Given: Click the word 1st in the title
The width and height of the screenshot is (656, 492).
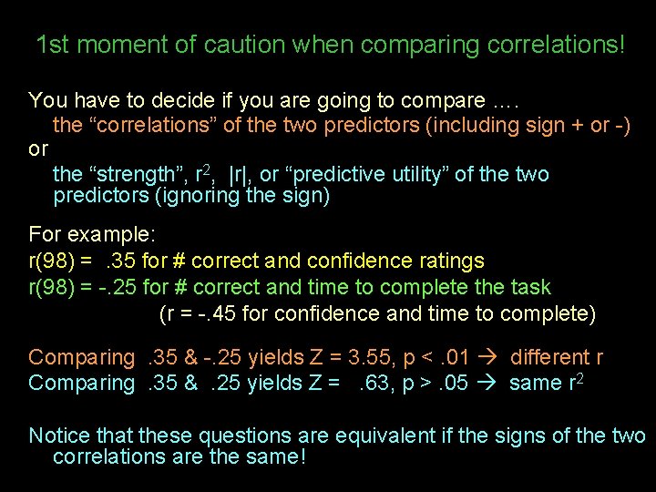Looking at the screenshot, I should pos(53,44).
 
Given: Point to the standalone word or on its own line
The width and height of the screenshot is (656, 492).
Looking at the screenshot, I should pos(38,148).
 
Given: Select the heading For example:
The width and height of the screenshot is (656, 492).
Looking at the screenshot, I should pos(79,234).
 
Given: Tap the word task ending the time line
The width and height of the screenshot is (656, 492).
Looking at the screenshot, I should pos(531,287).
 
